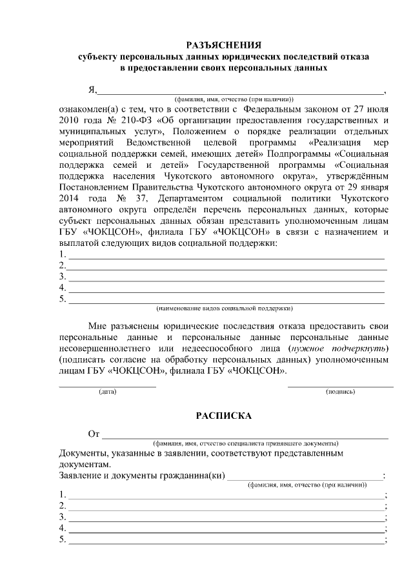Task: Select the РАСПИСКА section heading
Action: point(223,416)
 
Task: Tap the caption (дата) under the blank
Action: point(107,392)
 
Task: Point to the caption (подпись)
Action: point(340,392)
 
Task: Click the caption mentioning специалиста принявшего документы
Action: point(245,444)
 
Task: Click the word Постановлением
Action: point(93,185)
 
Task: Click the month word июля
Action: point(378,110)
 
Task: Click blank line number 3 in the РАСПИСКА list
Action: point(226,518)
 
